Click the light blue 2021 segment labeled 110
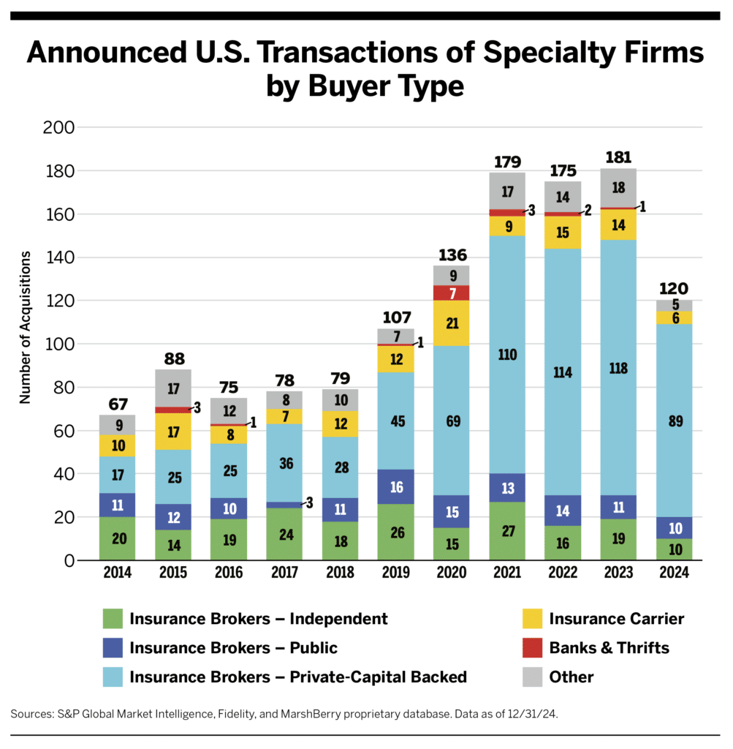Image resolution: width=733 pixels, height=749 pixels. [x=508, y=355]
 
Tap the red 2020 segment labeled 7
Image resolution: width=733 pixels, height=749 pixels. [x=452, y=293]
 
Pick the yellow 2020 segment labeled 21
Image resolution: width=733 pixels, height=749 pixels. [x=452, y=323]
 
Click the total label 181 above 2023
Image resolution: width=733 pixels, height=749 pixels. [x=618, y=157]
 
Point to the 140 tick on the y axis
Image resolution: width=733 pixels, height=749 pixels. [x=60, y=257]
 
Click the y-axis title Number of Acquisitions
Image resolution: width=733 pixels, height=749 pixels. [x=26, y=327]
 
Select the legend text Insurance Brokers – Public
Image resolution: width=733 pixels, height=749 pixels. [x=233, y=647]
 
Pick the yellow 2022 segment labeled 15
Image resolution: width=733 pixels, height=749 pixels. [x=563, y=232]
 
